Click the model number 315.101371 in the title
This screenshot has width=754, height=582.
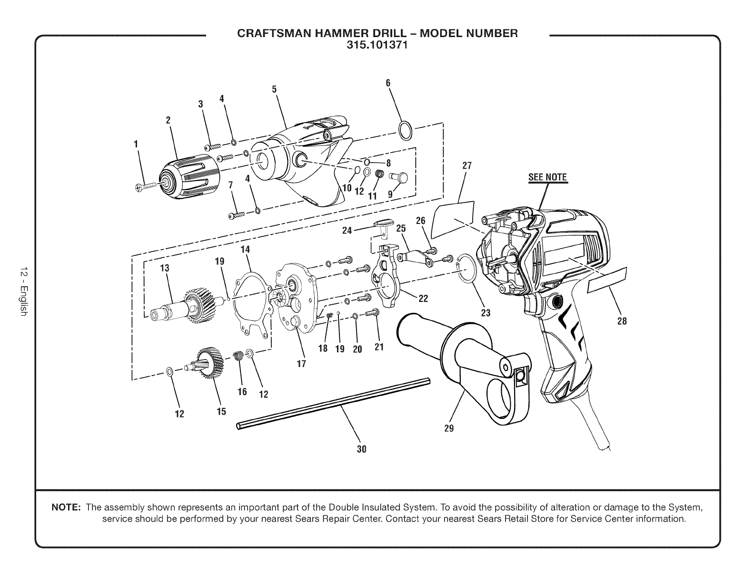pos(377,46)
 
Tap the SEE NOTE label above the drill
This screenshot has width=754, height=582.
pos(548,177)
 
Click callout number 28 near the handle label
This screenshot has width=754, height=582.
pos(622,321)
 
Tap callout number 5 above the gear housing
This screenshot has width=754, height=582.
pos(274,89)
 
